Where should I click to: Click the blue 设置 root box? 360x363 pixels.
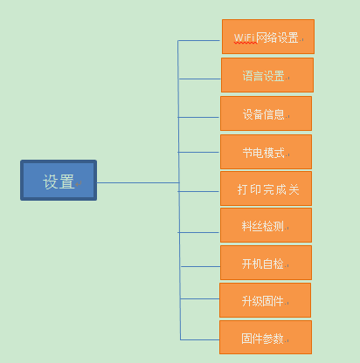point(59,180)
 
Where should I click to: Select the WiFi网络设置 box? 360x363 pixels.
point(268,37)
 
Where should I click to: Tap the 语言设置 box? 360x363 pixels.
point(267,75)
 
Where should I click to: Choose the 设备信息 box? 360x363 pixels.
point(266,113)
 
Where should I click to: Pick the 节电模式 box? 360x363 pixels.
point(266,152)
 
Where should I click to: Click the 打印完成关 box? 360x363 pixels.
point(266,188)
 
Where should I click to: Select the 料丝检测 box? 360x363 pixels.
point(266,225)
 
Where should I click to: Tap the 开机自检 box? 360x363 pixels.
point(266,263)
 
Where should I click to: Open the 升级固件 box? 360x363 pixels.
point(265,300)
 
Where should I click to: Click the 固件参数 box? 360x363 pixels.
point(266,338)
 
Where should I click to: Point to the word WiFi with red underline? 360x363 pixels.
point(245,38)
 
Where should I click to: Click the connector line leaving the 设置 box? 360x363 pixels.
point(138,182)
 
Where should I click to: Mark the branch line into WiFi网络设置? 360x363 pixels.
point(198,41)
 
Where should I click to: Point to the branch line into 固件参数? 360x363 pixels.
point(200,339)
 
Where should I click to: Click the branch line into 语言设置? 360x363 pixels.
point(199,79)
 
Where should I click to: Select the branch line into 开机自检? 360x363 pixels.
point(200,266)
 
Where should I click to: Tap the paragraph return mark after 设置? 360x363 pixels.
point(79,184)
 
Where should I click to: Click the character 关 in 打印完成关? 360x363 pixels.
point(294,189)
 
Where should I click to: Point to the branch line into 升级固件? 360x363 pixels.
point(200,298)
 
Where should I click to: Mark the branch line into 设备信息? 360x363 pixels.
point(198,117)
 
